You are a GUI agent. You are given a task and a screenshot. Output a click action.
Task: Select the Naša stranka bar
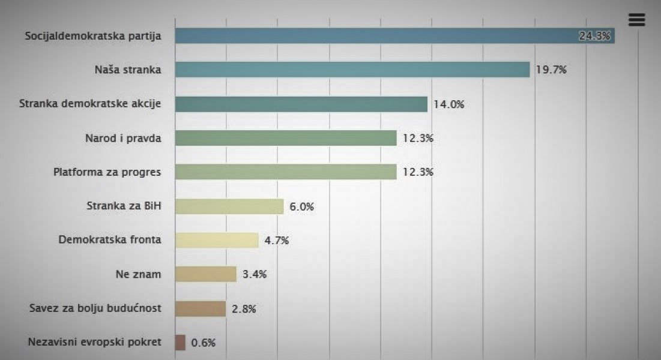pos(352,70)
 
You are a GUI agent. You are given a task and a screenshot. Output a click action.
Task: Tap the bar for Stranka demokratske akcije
pos(301,104)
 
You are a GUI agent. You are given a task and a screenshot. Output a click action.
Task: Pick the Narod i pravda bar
pos(286,138)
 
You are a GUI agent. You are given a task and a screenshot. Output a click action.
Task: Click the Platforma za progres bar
pos(286,172)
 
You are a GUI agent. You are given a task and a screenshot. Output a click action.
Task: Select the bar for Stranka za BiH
pos(229,206)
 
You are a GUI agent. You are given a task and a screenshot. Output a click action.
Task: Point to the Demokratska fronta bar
pos(217,240)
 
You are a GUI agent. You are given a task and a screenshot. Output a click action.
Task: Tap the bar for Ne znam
pos(205,274)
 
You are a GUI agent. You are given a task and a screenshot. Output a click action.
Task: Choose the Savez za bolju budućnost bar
pos(200,308)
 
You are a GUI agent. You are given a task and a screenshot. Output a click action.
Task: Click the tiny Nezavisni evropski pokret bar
pos(180,343)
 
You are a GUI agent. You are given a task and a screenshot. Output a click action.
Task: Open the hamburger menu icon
pos(636,20)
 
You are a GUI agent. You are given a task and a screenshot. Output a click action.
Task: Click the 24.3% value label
pos(594,36)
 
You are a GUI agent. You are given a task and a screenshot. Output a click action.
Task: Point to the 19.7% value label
pos(552,70)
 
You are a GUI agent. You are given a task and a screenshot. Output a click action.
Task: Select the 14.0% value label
pos(449,104)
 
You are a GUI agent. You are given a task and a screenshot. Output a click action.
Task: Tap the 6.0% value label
pos(301,206)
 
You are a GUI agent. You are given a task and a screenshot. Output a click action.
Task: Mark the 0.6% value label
pos(203,343)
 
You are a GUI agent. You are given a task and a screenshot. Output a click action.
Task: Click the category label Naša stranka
pos(128,70)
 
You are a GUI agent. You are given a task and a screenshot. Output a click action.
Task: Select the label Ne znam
pos(138,274)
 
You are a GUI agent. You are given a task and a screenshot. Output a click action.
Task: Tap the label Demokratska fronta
pos(110,240)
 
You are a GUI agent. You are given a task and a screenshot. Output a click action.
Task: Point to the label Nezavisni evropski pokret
pos(95,343)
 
